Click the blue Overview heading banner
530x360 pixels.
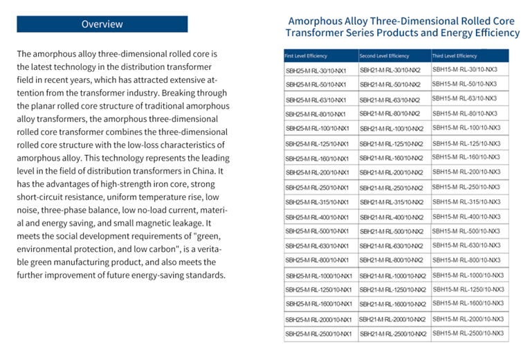[102, 24]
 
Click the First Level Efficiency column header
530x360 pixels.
[306, 55]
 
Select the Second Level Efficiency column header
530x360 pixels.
[384, 55]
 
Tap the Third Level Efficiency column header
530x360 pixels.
[455, 55]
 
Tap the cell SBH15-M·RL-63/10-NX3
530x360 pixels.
[464, 99]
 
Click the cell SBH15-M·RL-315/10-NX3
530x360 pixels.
[466, 201]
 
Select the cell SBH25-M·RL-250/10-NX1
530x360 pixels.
[318, 188]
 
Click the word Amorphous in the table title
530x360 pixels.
[315, 21]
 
